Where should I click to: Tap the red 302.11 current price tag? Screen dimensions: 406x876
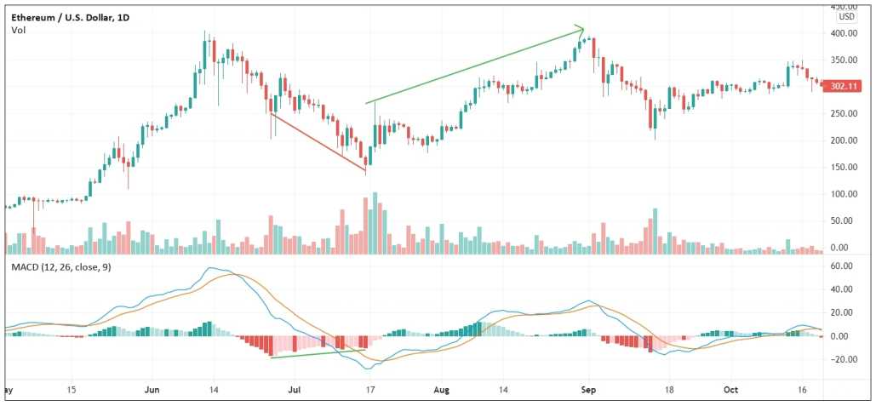coord(845,86)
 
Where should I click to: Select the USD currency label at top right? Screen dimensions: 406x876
coord(846,16)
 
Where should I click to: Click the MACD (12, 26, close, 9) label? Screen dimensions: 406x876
coord(60,268)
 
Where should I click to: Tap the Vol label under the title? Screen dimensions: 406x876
coord(18,31)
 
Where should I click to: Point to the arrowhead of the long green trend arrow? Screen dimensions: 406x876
coord(581,30)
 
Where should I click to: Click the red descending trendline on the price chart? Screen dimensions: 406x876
coord(318,142)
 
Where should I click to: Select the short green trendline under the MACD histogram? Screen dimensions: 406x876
coord(318,353)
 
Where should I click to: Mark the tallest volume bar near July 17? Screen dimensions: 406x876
coord(375,223)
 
